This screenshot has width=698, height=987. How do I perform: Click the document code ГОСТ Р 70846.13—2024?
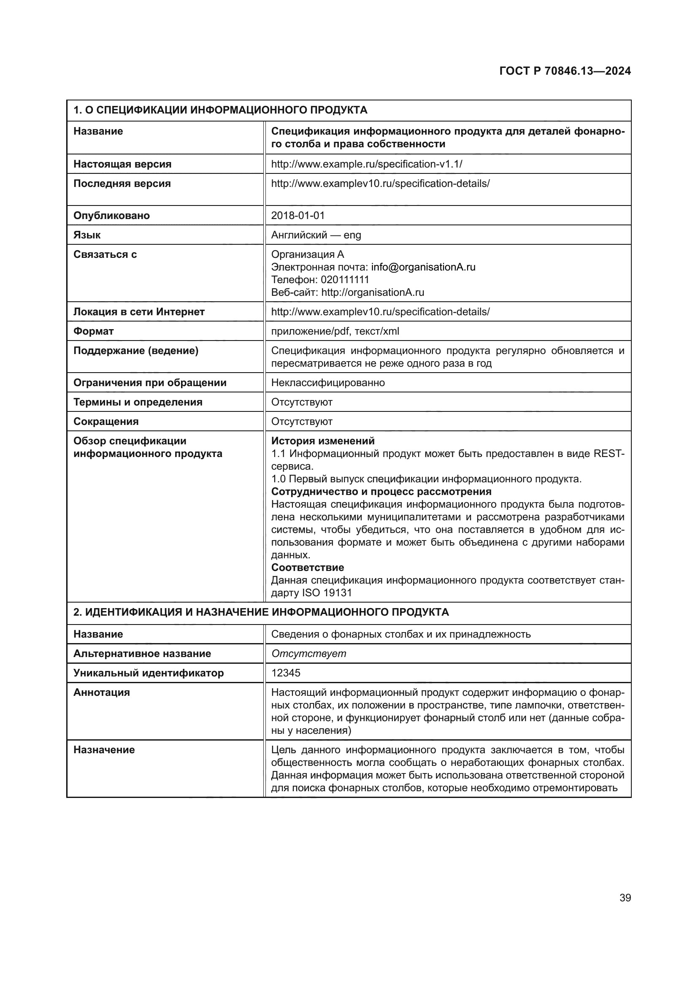565,71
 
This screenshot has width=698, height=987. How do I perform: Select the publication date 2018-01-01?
298,215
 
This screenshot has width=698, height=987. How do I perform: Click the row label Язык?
87,235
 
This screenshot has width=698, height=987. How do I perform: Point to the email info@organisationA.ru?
423,267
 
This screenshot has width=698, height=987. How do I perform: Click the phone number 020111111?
345,279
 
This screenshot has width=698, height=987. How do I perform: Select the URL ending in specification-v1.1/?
366,164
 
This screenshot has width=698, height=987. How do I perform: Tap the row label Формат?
93,331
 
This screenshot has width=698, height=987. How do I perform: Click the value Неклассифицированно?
327,383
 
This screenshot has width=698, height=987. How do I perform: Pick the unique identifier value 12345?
285,673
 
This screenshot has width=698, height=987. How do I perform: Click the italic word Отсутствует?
308,653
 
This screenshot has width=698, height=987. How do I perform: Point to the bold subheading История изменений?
322,441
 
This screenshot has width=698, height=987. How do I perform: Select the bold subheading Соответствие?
307,567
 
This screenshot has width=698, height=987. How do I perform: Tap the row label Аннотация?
101,692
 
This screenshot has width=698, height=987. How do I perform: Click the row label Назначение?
104,750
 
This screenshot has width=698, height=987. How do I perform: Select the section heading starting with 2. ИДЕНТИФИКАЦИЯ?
260,612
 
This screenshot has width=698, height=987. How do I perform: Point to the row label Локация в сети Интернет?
139,312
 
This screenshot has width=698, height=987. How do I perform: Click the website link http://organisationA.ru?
372,292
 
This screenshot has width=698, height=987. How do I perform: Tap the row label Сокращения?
106,421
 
